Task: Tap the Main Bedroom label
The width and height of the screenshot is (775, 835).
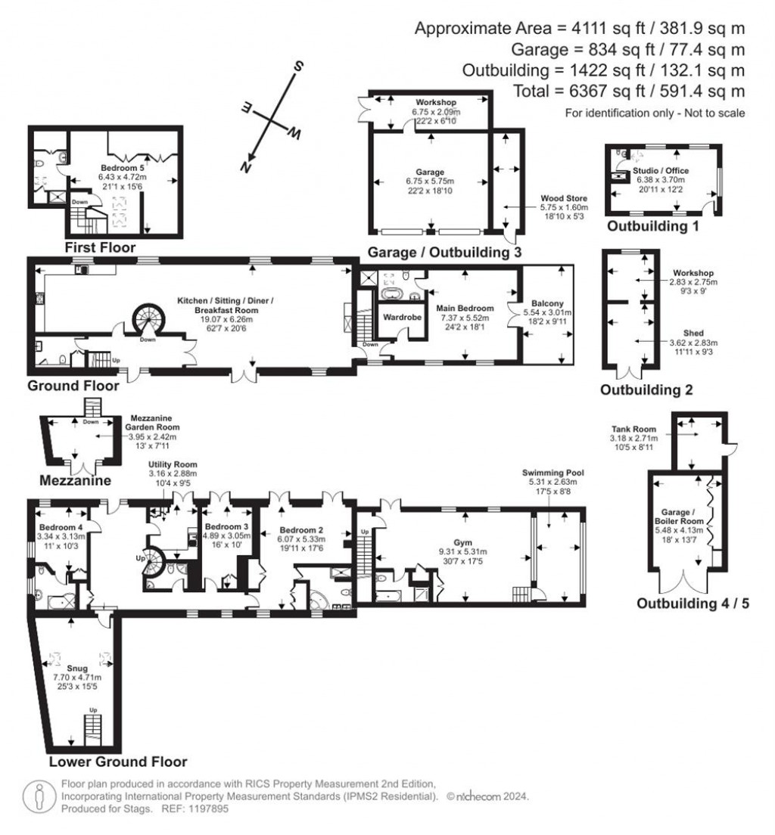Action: point(465,308)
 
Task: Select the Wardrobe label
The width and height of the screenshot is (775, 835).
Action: point(401,317)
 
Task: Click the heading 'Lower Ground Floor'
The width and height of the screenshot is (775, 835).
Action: point(117,762)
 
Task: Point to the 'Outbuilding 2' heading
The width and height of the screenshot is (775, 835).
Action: point(646,390)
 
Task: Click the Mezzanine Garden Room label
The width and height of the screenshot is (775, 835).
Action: point(154,421)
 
